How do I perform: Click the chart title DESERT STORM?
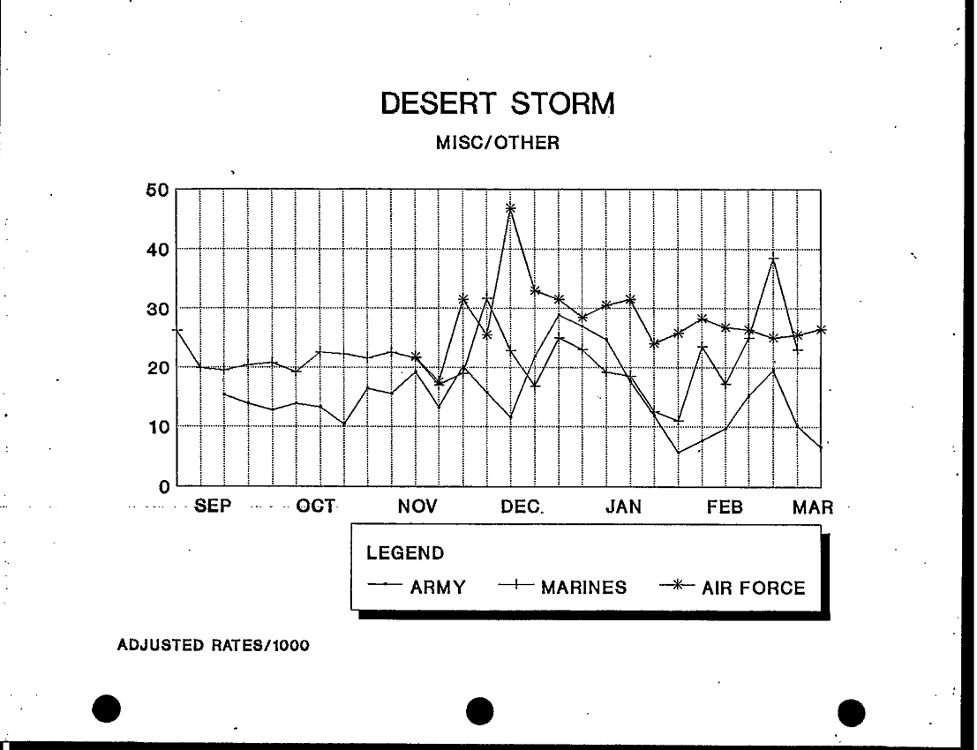497,106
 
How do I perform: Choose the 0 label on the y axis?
163,486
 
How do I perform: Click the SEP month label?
214,507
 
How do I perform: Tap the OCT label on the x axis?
315,506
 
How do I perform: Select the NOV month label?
418,507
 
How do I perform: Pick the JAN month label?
623,507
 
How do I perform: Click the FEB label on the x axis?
725,507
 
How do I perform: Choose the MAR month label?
812,507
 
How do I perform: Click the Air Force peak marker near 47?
510,208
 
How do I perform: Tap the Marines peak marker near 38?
774,259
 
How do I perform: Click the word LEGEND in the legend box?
405,553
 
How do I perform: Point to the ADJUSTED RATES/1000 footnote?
214,646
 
